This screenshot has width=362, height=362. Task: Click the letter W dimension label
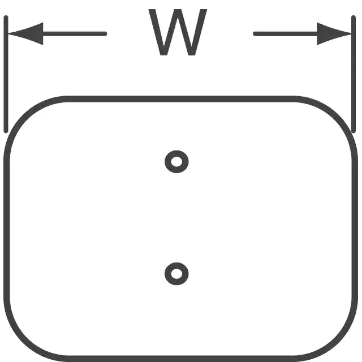point(178,32)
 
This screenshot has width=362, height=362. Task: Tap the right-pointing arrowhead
point(334,34)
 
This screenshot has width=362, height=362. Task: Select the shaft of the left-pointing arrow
point(75,34)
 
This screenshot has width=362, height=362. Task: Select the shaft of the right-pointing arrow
point(285,34)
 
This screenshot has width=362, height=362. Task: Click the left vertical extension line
point(6,74)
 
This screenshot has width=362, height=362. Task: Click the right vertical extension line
point(354,74)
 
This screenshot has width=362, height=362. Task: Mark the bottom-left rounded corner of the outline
point(24,341)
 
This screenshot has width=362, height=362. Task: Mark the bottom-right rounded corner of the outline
point(338,341)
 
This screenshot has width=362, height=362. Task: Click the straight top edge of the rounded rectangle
point(181,99)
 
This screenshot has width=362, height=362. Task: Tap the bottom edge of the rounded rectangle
point(181,359)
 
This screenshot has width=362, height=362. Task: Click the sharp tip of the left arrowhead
point(8,34)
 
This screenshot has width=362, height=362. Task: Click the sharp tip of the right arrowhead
point(351,34)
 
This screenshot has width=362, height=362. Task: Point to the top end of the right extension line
point(354,16)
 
